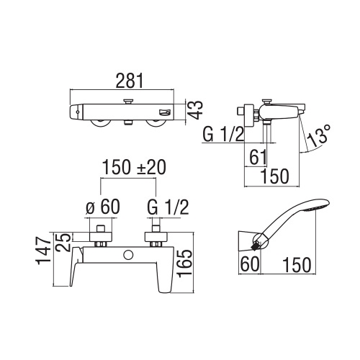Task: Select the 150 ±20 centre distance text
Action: [132, 168]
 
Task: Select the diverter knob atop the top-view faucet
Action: [130, 102]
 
